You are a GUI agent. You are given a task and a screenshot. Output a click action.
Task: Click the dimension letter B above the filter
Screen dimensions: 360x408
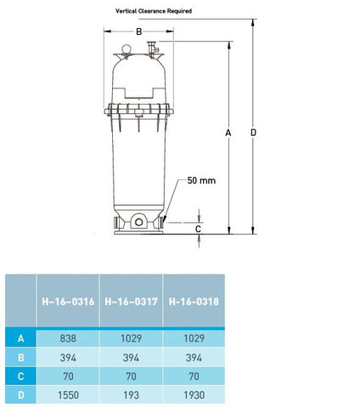pos(138,31)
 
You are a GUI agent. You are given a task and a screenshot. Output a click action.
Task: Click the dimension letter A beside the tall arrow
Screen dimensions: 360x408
pos(228,133)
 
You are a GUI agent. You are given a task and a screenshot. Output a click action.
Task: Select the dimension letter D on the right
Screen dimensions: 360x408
pos(253,133)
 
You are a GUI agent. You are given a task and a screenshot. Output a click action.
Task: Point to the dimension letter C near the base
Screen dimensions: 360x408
pos(198,229)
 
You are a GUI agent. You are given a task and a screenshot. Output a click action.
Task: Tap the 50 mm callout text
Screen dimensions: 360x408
pos(201,180)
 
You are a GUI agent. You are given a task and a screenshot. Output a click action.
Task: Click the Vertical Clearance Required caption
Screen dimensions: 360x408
pos(154,11)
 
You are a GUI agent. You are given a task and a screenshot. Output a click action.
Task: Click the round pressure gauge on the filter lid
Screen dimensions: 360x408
pos(127,49)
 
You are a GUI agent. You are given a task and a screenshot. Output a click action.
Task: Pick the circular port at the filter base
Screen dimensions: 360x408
pos(139,222)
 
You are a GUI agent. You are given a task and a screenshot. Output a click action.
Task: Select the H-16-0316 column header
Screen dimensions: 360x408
pos(68,302)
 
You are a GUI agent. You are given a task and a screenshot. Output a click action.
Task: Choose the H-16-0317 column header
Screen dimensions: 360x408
pos(131,302)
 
